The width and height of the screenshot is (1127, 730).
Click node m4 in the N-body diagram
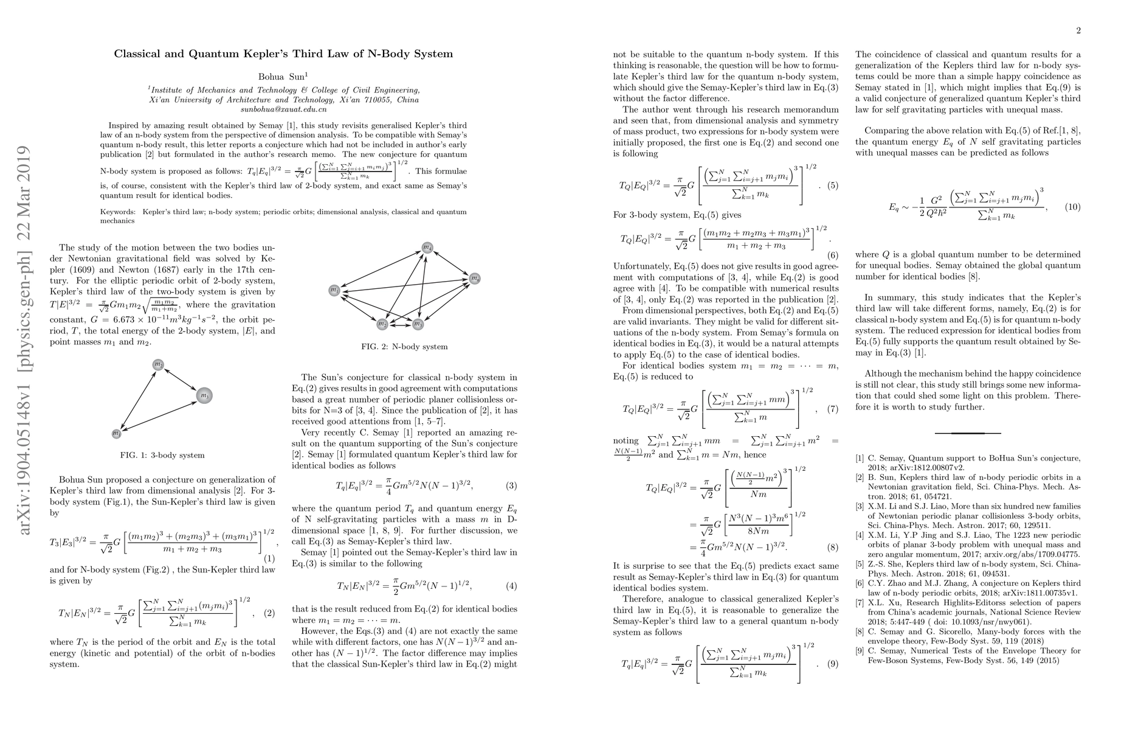pos(428,248)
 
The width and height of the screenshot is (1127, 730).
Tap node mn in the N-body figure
pos(475,279)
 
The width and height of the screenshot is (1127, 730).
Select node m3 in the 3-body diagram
pos(204,396)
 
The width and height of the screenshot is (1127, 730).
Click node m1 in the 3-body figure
pos(117,433)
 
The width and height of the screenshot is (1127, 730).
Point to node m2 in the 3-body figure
pos(158,364)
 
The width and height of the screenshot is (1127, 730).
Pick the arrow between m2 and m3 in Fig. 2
pos(400,324)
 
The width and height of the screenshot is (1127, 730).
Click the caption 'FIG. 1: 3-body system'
pos(162,455)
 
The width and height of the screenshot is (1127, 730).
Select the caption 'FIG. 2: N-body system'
pos(404,347)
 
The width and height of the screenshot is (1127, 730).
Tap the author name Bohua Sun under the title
pos(283,77)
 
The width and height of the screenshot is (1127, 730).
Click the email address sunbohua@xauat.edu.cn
pos(283,109)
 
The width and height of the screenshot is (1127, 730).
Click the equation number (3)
pos(511,485)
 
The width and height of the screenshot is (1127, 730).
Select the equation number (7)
pos(832,409)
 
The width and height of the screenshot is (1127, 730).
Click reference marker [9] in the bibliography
pos(860,651)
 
